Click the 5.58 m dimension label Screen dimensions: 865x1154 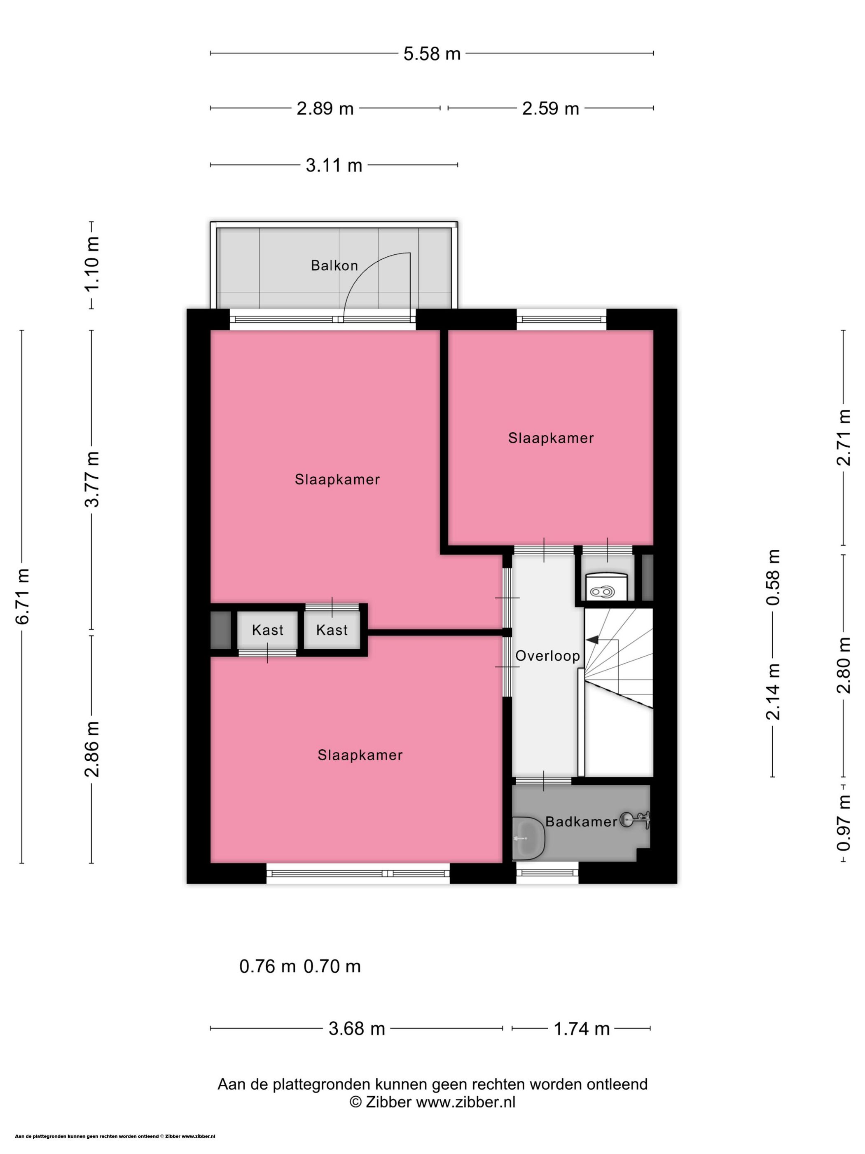(432, 54)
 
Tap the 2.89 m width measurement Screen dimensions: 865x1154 (325, 108)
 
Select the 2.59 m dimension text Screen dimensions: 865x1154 (551, 108)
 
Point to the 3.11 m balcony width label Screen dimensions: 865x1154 (334, 165)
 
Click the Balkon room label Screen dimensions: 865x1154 (334, 265)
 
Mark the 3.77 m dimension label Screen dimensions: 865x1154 (93, 479)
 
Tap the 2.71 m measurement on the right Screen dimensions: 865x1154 (844, 437)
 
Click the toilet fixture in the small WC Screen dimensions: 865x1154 (605, 586)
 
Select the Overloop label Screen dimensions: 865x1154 (547, 656)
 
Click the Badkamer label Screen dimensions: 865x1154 (581, 822)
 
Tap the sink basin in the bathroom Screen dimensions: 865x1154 (528, 838)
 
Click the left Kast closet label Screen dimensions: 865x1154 (267, 630)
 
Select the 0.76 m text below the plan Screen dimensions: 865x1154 (267, 966)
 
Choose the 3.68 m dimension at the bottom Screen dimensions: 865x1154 (357, 1028)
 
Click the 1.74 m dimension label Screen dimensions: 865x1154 (581, 1029)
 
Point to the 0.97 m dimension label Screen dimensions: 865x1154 (844, 823)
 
